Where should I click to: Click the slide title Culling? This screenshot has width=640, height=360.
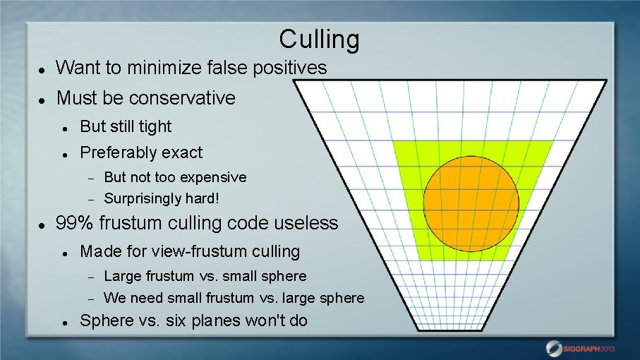tap(319, 39)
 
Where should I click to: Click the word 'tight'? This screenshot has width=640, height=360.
tap(155, 126)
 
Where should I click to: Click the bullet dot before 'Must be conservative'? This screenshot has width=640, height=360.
tap(43, 99)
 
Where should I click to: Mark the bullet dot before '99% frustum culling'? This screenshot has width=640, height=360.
tap(43, 224)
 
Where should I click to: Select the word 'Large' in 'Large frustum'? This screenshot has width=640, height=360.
tap(123, 276)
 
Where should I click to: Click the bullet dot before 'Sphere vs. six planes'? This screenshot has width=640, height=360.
tap(65, 322)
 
